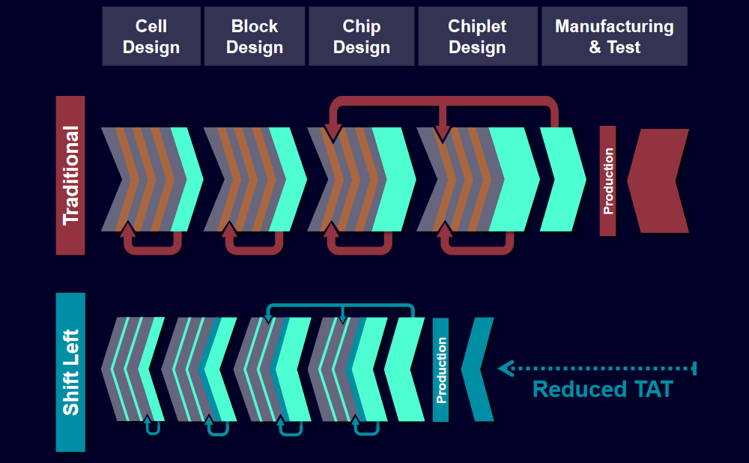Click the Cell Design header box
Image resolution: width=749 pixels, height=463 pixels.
(x=151, y=37)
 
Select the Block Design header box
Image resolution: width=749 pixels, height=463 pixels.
(x=255, y=37)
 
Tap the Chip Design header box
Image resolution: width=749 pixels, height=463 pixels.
(x=361, y=37)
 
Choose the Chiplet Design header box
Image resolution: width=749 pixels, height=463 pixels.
(x=477, y=37)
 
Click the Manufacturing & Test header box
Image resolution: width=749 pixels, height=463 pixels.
(x=614, y=37)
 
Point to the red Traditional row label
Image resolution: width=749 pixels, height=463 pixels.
(x=70, y=175)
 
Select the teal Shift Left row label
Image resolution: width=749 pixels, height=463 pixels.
(x=70, y=372)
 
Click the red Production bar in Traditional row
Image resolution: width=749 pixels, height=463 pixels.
(x=607, y=181)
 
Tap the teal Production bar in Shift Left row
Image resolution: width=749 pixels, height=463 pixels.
(x=441, y=370)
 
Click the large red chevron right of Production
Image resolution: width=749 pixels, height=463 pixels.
(x=661, y=181)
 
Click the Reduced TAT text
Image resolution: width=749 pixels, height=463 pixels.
(x=602, y=390)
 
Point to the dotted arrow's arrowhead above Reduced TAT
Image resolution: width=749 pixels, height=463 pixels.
(x=505, y=368)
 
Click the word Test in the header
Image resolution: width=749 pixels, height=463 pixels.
(x=624, y=47)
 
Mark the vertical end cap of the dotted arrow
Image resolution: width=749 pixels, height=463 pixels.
(x=695, y=368)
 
